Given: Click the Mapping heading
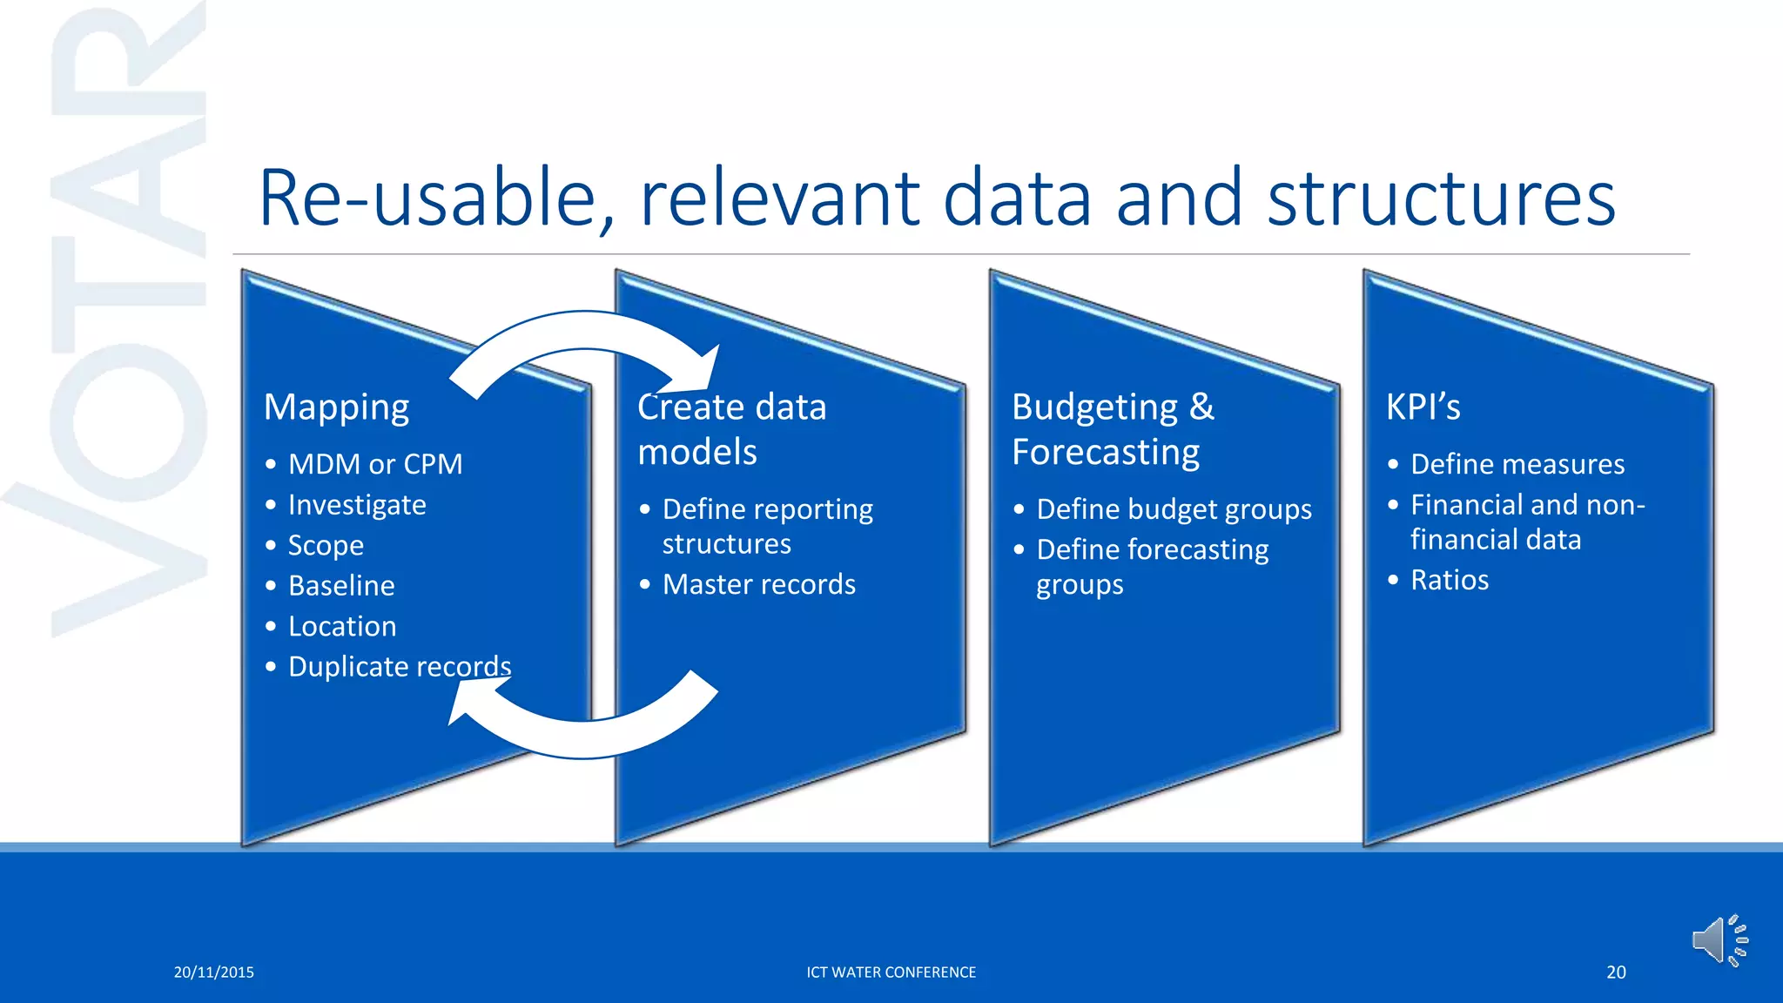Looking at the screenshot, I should [336, 407].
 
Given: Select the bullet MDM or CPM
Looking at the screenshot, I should [374, 464].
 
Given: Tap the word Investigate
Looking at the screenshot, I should [357, 505].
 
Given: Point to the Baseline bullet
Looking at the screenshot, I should [341, 586].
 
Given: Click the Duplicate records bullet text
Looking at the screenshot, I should [399, 667].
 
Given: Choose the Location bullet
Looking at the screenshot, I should [342, 627].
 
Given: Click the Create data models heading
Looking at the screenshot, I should [731, 429].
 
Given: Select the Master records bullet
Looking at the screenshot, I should [758, 584].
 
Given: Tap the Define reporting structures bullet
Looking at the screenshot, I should [766, 526].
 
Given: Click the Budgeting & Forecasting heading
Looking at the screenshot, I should [1112, 429].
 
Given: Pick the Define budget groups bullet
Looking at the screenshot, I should [1174, 509].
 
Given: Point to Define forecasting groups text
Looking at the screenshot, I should [1151, 567].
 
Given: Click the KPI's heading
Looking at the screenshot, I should [1423, 407].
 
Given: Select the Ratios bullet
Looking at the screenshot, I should [1449, 580].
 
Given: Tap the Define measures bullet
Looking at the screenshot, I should [1517, 464].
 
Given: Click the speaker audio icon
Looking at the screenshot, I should [1719, 940].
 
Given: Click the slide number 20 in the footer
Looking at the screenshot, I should [1616, 973].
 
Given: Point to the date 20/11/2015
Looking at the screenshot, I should [213, 973].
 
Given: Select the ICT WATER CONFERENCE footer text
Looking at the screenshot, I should [891, 973].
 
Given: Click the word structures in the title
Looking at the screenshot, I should [1441, 199].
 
